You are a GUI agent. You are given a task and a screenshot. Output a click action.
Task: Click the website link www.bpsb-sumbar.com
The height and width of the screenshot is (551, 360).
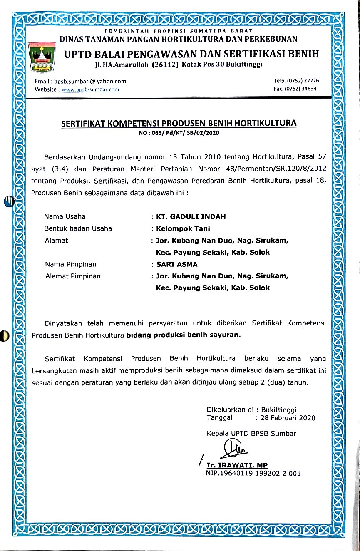[x=90, y=89]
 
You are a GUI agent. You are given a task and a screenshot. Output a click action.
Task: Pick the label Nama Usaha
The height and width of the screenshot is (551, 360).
[x=65, y=217]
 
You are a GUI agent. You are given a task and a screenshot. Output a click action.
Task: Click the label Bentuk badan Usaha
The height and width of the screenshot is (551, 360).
[x=78, y=228]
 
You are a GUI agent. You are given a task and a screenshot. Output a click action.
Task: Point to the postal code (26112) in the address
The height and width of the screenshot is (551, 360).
[x=165, y=65]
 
